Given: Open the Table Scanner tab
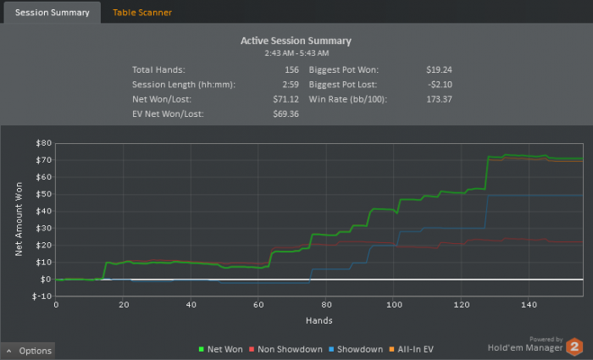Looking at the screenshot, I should click(x=142, y=13).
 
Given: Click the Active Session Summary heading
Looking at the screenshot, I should click(x=296, y=41).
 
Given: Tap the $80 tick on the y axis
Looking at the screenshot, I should click(x=42, y=142).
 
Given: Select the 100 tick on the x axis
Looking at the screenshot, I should click(x=393, y=306).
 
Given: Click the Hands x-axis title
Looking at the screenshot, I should click(x=319, y=321).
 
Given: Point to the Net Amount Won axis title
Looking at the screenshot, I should click(x=19, y=219).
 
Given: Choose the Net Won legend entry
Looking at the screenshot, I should click(x=223, y=349).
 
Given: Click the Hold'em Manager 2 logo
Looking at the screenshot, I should click(x=535, y=346).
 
